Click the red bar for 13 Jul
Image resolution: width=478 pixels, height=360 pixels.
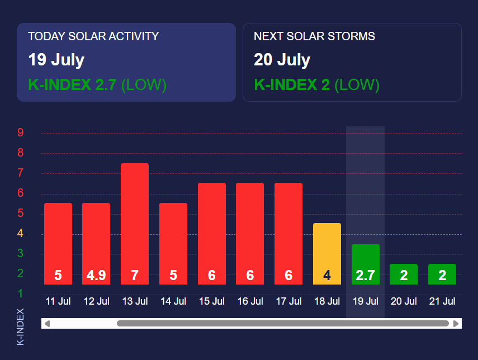pyautogui.click(x=135, y=224)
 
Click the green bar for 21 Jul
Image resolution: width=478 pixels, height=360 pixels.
pyautogui.click(x=442, y=274)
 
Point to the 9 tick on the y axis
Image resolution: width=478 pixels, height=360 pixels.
pyautogui.click(x=20, y=132)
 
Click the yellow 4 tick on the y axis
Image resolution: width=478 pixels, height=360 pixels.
pyautogui.click(x=20, y=233)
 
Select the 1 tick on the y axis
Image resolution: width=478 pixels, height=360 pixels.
pyautogui.click(x=20, y=293)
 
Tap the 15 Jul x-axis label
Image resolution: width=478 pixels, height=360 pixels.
pyautogui.click(x=211, y=301)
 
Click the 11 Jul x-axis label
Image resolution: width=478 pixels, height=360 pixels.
pyautogui.click(x=58, y=301)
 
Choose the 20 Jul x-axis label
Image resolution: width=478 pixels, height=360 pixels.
pyautogui.click(x=404, y=301)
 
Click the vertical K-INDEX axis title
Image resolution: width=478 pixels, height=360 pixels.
pyautogui.click(x=21, y=326)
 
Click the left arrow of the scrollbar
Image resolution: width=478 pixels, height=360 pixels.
pyautogui.click(x=47, y=324)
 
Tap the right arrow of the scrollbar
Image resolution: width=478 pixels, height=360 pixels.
pyautogui.click(x=456, y=324)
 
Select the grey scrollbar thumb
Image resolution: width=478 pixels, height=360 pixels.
pyautogui.click(x=282, y=324)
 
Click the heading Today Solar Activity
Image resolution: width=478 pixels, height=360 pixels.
pyautogui.click(x=93, y=36)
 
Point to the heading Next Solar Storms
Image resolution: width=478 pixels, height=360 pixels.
pyautogui.click(x=314, y=36)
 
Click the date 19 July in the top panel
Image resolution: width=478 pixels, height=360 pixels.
pyautogui.click(x=56, y=60)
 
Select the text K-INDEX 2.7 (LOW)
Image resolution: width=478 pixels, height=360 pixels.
pyautogui.click(x=97, y=85)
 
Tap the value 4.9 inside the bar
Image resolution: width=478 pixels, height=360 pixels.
pyautogui.click(x=96, y=275)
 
